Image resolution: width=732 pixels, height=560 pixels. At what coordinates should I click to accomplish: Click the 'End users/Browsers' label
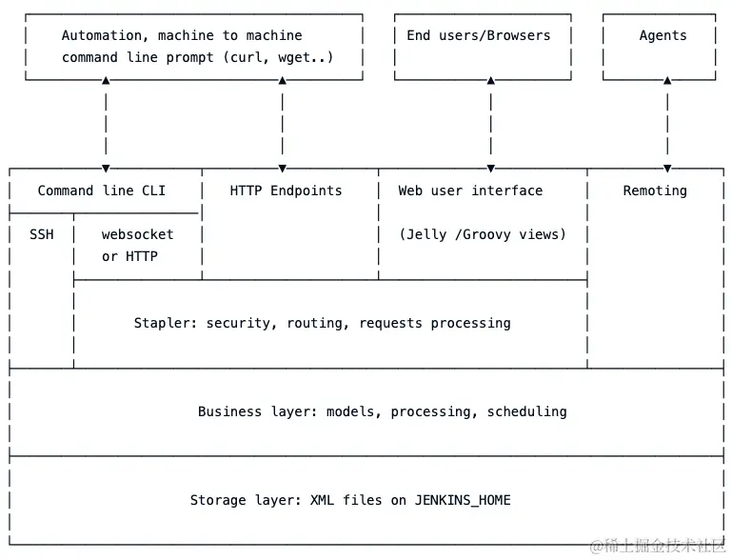[x=478, y=35]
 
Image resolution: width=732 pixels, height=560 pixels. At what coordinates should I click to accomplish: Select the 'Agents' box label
[x=663, y=35]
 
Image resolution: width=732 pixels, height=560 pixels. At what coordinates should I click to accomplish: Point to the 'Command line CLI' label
[x=101, y=190]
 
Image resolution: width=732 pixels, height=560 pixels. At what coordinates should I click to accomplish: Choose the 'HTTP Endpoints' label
[x=286, y=190]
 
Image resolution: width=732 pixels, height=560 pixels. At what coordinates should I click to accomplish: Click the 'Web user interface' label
[x=470, y=190]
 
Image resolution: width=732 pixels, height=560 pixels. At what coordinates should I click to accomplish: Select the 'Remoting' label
[x=655, y=190]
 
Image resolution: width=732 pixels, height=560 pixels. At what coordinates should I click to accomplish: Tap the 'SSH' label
[x=42, y=234]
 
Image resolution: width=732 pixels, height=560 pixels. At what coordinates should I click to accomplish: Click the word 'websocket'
[x=138, y=234]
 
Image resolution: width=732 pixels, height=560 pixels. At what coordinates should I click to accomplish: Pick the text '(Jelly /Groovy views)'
[x=482, y=234]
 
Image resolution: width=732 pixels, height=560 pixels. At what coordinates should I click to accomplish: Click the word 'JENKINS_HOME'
[x=463, y=500]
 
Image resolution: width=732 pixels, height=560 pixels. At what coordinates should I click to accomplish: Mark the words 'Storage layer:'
[x=246, y=500]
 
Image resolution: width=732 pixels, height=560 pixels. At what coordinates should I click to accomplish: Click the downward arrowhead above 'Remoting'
[x=667, y=169]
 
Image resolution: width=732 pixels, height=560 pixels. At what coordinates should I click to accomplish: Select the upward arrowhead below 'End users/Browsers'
[x=491, y=82]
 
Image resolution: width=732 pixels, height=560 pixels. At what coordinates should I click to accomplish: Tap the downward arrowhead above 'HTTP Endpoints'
[x=283, y=169]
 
